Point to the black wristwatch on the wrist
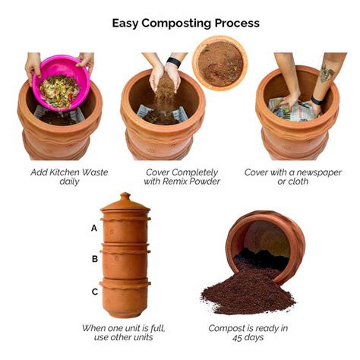[x=175, y=62]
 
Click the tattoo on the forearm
[x=327, y=74]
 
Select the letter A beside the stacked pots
[x=94, y=227]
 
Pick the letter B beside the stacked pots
[x=94, y=259]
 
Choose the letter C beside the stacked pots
[x=94, y=292]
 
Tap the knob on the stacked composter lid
[x=125, y=196]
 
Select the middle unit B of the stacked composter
[x=125, y=261]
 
